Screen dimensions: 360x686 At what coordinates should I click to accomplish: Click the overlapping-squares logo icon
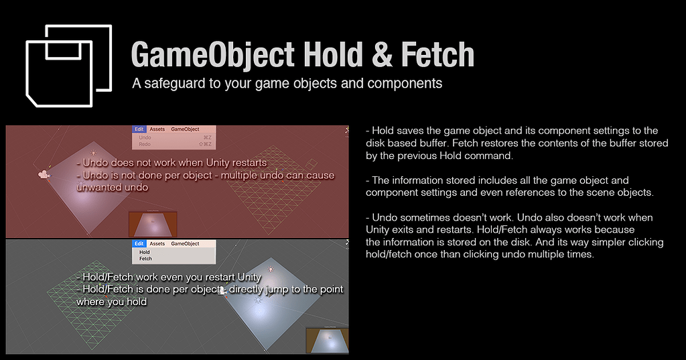click(68, 66)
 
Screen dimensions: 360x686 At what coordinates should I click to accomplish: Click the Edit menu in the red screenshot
click(139, 129)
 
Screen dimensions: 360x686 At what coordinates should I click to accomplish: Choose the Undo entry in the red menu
click(145, 137)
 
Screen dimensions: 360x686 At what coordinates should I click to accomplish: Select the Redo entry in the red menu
click(145, 144)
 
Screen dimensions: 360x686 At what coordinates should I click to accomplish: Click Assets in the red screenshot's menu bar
click(157, 129)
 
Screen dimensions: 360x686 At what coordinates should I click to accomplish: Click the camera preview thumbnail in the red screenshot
click(153, 224)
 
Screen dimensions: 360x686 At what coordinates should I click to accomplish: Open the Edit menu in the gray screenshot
click(139, 243)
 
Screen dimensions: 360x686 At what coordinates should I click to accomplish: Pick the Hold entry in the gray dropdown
click(145, 252)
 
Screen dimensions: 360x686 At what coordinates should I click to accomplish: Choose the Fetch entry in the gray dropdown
click(145, 259)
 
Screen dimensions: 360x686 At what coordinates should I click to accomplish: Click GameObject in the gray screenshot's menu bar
click(185, 243)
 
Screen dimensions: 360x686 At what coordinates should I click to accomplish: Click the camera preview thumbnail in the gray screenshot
click(327, 340)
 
